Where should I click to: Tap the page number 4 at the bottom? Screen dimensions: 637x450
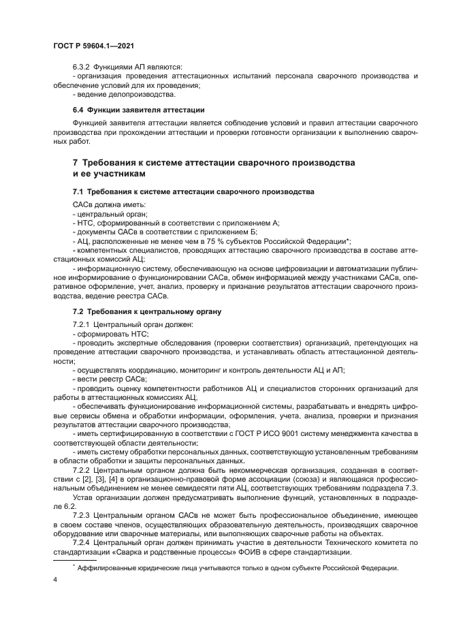54,580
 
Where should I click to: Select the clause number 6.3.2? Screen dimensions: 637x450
84,67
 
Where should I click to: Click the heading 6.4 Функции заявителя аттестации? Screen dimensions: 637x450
139,110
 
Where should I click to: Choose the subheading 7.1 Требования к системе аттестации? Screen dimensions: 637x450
193,193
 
